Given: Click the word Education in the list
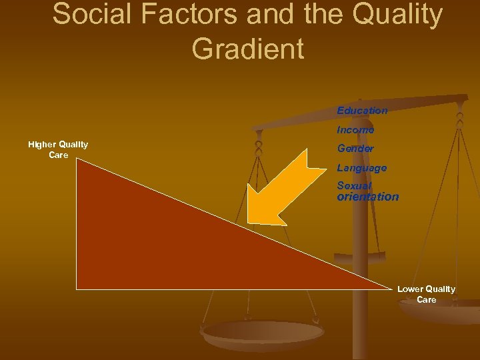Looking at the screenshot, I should (x=362, y=111).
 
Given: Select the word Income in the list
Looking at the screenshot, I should (x=355, y=129).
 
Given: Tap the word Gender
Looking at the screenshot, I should (x=355, y=149).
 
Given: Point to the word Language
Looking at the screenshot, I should (x=361, y=168).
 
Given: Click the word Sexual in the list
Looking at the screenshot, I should (x=354, y=186).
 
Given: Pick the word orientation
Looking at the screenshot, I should (x=368, y=197).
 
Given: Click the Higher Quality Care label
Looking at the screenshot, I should (x=58, y=150).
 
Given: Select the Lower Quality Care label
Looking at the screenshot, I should (x=426, y=294).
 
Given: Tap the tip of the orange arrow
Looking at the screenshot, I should (x=249, y=221).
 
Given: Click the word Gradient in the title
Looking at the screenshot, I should (x=247, y=49).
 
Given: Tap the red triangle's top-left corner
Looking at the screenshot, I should (x=77, y=158).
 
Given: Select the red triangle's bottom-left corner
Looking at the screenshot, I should (x=77, y=289).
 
